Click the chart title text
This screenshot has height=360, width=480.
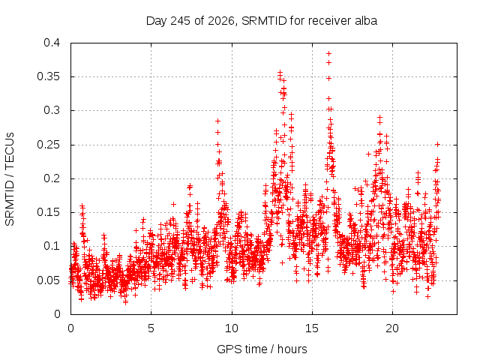(262, 21)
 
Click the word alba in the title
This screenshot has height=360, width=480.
(366, 21)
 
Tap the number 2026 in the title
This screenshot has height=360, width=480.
(221, 21)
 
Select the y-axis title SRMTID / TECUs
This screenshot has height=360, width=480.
(10, 179)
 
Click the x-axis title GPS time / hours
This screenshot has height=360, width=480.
(262, 349)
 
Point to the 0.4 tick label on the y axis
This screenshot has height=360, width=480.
(52, 43)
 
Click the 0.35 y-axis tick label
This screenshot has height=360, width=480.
(48, 76)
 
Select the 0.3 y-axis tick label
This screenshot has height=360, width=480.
(52, 110)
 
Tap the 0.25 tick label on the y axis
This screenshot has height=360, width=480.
(48, 145)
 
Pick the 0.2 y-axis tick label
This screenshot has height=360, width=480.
(52, 178)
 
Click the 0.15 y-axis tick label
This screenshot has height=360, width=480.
(48, 212)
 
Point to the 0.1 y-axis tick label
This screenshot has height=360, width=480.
(52, 246)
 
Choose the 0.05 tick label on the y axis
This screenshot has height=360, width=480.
(48, 280)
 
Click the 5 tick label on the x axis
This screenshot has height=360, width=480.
(151, 328)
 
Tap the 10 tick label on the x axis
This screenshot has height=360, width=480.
(232, 328)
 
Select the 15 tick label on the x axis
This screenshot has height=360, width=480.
(312, 328)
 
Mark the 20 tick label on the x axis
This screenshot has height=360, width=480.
(392, 328)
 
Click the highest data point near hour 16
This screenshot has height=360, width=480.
(328, 53)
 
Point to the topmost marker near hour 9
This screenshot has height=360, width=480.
(217, 121)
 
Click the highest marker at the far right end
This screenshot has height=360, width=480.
(437, 145)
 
